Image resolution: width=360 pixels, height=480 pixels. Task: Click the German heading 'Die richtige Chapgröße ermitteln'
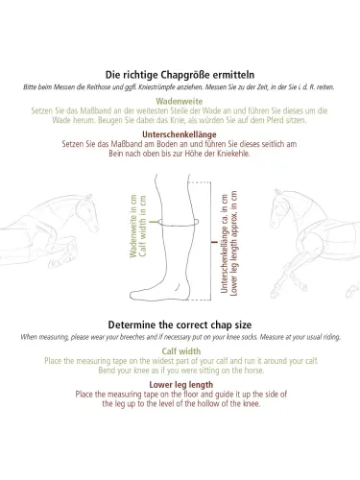pos(180,75)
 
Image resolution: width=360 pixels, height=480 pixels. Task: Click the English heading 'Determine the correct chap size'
pos(180,325)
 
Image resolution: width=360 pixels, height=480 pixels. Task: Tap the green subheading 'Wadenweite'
pos(180,102)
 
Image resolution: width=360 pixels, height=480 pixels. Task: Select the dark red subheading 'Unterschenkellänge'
pos(180,134)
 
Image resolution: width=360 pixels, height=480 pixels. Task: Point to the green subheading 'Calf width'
pos(181,351)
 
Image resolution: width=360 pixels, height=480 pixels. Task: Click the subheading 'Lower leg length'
pos(181,385)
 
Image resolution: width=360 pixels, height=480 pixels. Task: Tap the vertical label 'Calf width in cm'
pos(143,226)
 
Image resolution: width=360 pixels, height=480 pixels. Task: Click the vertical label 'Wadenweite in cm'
pos(133,226)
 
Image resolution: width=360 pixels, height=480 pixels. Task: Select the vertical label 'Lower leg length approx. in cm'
pos(234,243)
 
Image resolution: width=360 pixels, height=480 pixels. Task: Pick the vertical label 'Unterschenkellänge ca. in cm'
pos(225,243)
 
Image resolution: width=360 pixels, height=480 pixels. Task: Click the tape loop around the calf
pos(179,226)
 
